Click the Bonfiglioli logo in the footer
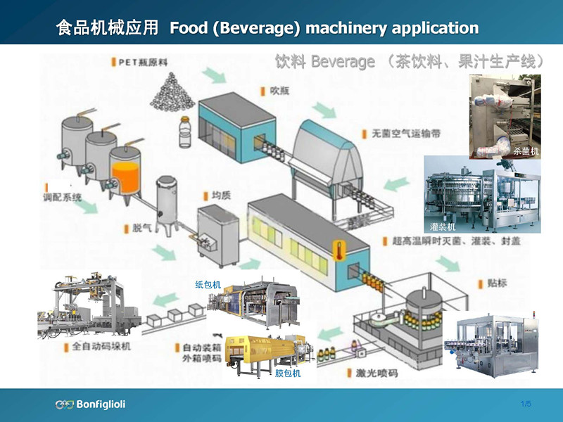[x=90, y=404]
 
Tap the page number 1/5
[x=525, y=403]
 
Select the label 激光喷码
[x=377, y=373]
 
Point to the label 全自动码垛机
[x=101, y=346]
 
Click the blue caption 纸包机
[x=208, y=285]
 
